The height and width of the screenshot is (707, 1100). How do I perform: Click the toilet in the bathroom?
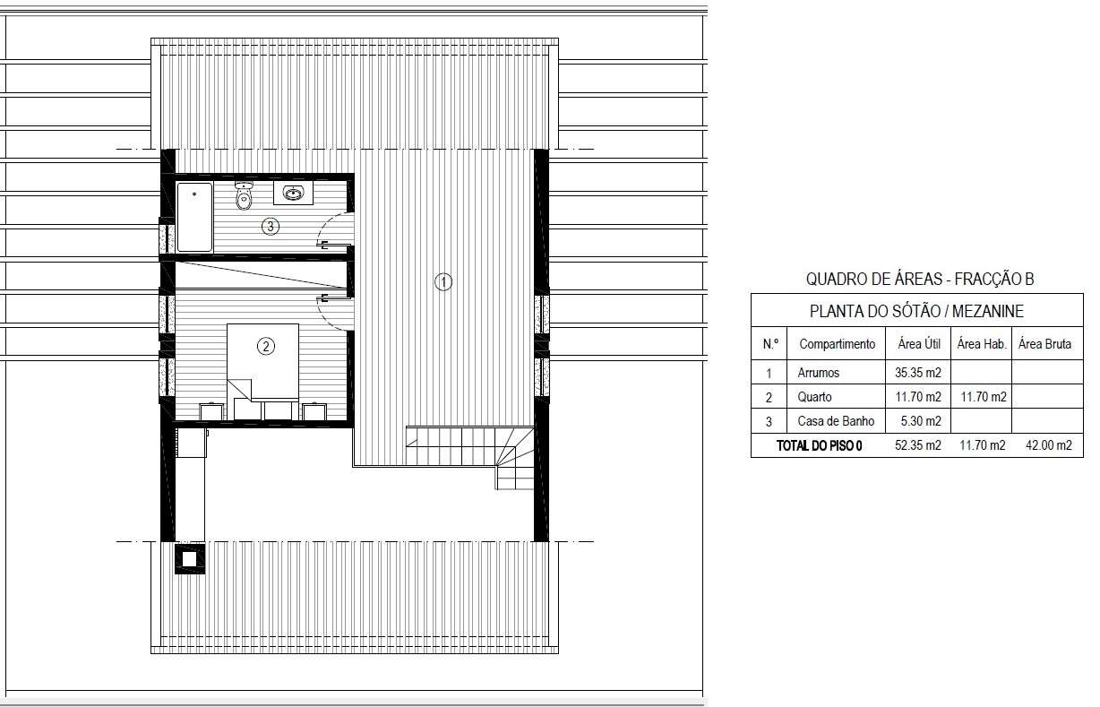point(244,194)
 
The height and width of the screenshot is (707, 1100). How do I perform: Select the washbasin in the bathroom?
point(293,193)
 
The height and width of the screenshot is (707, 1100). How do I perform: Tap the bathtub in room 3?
point(194,217)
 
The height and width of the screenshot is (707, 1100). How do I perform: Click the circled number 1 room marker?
point(443,282)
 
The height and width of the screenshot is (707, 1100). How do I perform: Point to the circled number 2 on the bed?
point(266,347)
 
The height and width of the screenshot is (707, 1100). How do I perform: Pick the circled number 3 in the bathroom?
point(271,227)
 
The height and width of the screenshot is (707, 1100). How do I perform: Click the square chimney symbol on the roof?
point(190,557)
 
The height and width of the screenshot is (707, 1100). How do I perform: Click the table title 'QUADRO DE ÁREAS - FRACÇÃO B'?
point(920,279)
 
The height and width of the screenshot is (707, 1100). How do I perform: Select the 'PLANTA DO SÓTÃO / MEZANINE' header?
point(916,311)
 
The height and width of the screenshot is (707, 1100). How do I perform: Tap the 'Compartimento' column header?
point(838,344)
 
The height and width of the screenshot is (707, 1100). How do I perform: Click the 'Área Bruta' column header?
point(1044,343)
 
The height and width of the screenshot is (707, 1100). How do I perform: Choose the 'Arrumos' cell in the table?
point(818,373)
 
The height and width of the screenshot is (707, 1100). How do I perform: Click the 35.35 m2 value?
point(918,373)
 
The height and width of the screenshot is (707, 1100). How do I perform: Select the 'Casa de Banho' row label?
point(836,421)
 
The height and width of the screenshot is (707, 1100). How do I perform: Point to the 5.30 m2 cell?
point(921,421)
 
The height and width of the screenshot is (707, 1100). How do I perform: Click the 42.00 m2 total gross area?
point(1049,445)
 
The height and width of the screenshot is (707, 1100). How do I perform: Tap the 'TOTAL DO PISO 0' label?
point(819,445)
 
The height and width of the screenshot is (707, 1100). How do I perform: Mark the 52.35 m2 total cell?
point(918,445)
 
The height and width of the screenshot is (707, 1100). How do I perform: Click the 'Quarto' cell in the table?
point(814,397)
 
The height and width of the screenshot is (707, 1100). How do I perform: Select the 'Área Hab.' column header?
point(982,343)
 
